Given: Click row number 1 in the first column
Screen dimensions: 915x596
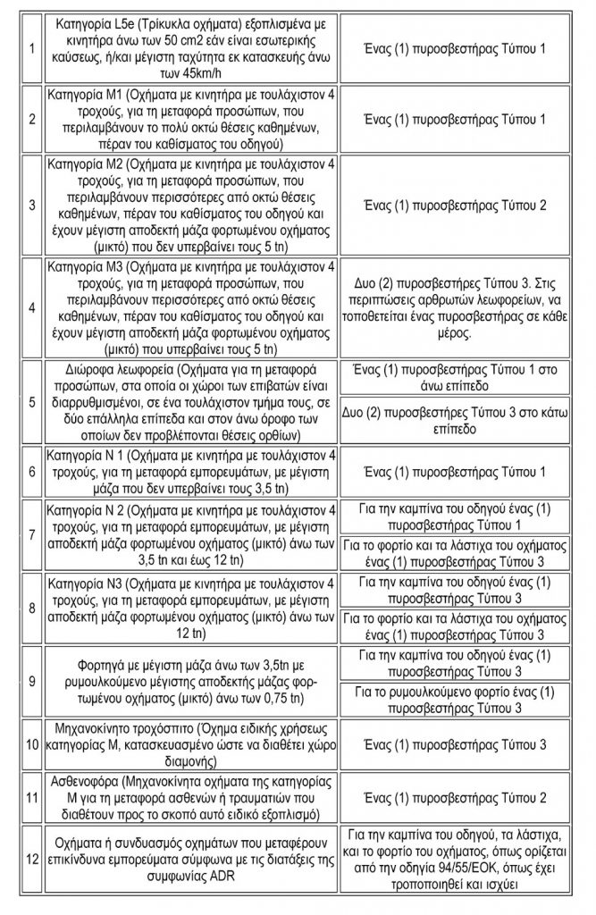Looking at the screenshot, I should tap(32, 46).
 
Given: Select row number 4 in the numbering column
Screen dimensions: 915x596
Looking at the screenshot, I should tap(32, 306).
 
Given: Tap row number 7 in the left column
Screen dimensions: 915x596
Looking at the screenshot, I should tap(32, 534).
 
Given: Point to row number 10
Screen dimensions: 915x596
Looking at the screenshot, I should tap(32, 744).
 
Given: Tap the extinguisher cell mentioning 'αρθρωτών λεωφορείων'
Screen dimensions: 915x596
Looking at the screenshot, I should tap(467, 306).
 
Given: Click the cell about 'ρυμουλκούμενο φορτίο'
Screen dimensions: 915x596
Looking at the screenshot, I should tap(467, 698).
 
